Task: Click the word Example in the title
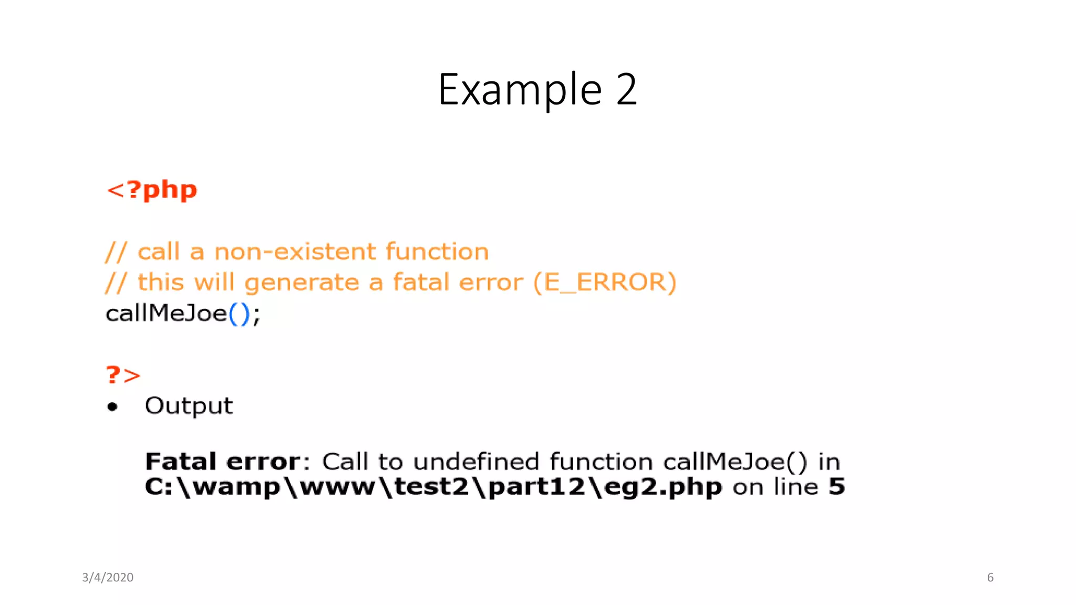520,90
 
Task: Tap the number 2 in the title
626,90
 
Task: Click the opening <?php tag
152,190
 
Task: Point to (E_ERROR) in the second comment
604,283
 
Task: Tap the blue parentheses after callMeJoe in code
239,314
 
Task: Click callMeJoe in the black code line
166,314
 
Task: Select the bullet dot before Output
112,406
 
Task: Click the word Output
189,406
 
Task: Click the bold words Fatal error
223,462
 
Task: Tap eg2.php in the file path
663,487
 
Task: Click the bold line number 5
836,486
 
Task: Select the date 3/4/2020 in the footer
108,577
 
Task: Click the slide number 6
990,577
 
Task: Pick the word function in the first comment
437,252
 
